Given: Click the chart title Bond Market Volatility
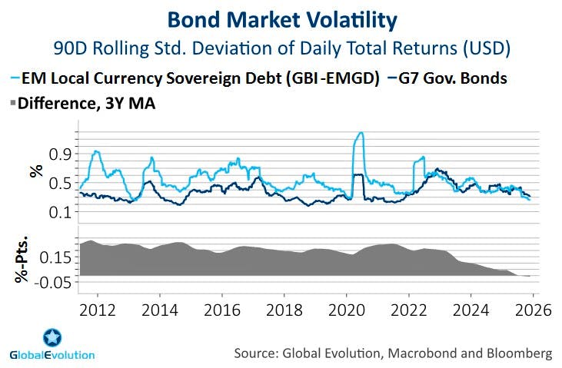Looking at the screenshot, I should (x=281, y=18).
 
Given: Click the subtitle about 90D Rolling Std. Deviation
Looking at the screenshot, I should (x=281, y=48).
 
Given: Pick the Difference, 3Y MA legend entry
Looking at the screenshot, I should (x=85, y=103).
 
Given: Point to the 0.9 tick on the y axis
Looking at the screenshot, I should (x=60, y=154).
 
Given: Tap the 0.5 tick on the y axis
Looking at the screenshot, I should (x=60, y=183).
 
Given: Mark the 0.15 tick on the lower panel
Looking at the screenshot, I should (x=55, y=256).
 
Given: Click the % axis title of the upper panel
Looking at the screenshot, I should (x=35, y=171).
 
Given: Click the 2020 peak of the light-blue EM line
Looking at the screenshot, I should (x=359, y=133).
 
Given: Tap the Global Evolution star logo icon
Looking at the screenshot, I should (x=52, y=337).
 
